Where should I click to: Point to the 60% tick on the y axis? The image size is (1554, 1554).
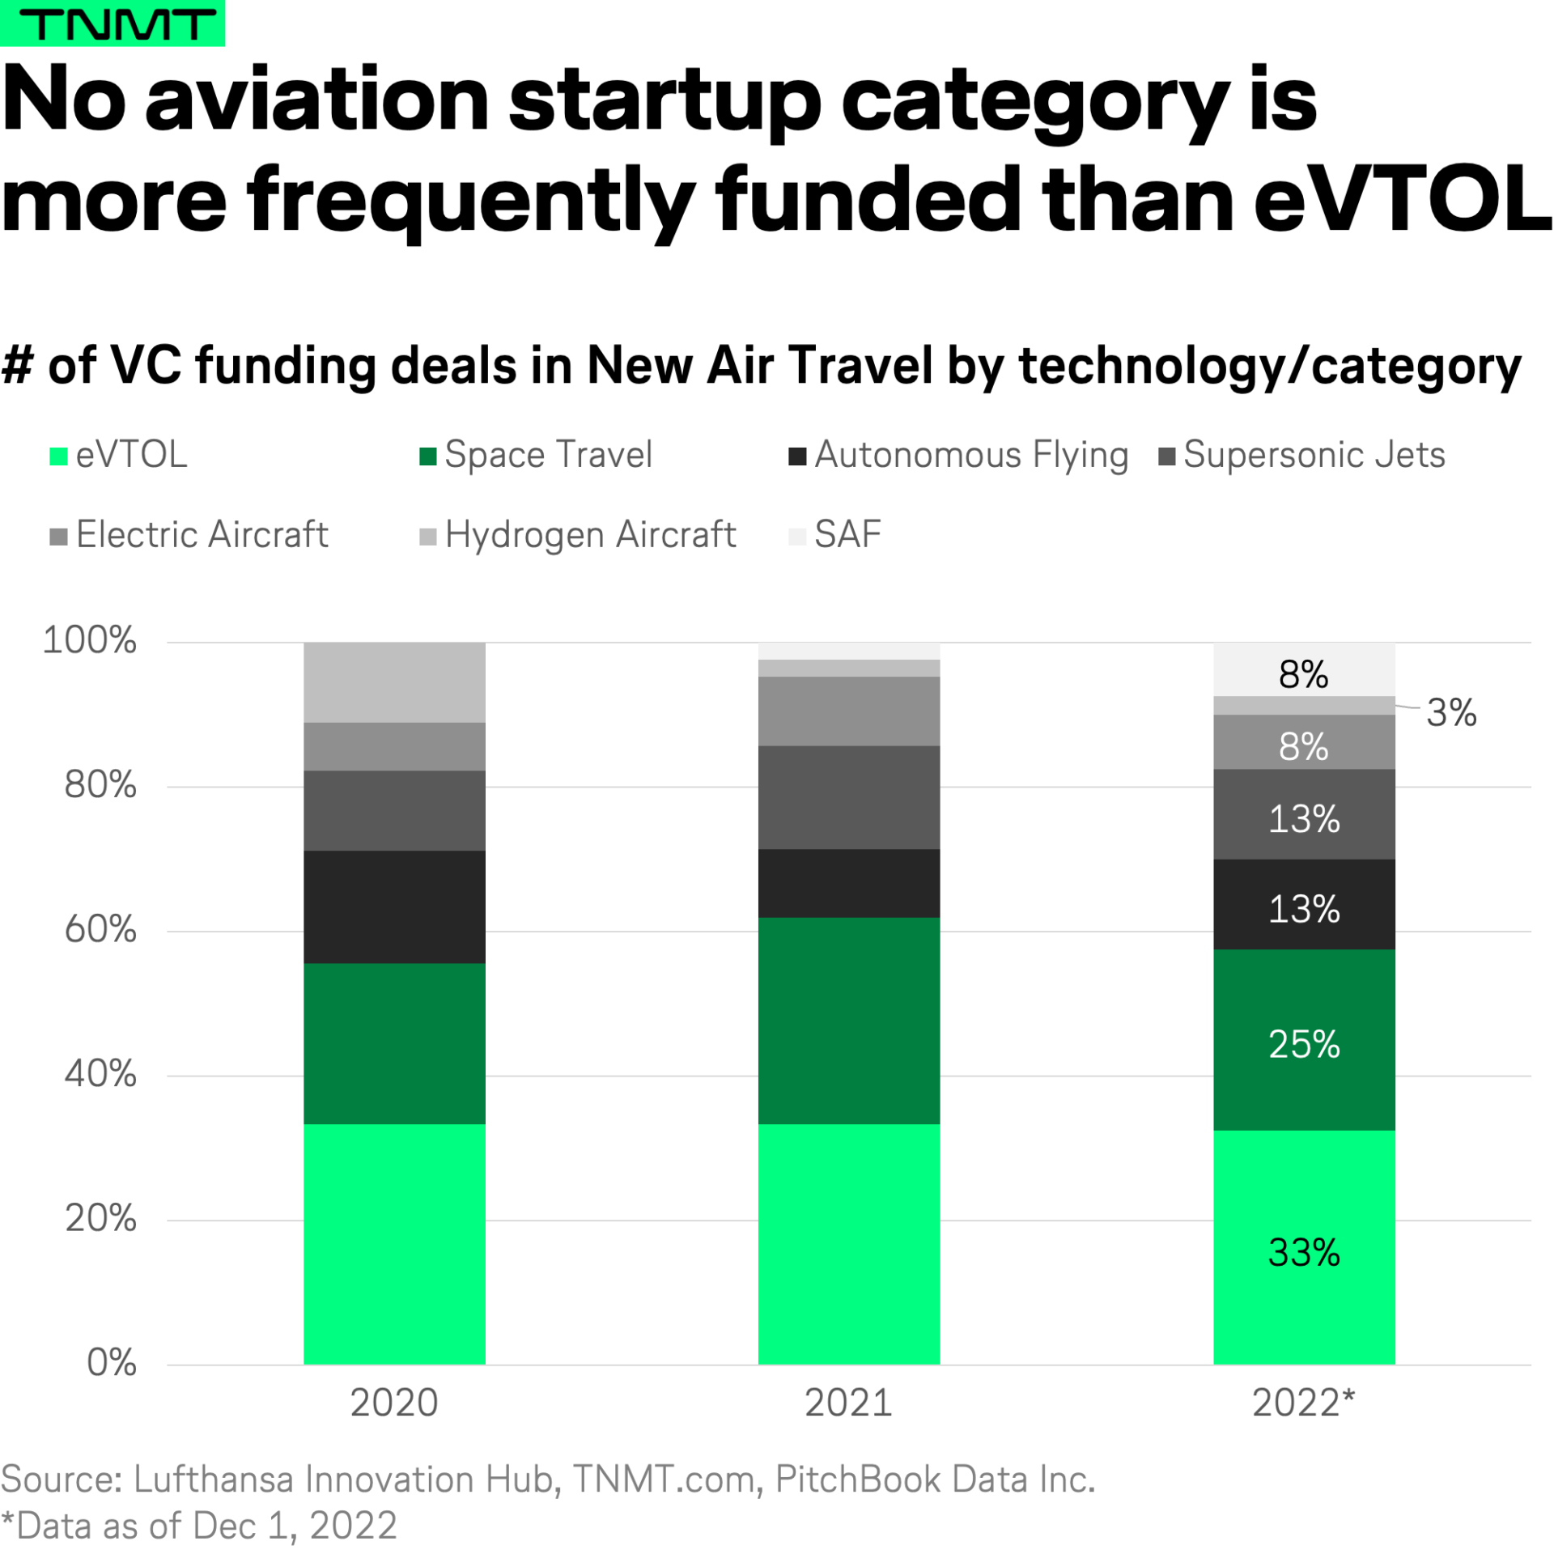(100, 929)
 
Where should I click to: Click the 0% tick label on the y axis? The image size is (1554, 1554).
(112, 1362)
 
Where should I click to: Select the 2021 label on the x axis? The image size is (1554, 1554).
(847, 1403)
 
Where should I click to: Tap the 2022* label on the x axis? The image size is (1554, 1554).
(1302, 1403)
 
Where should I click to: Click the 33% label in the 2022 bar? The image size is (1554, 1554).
(1303, 1252)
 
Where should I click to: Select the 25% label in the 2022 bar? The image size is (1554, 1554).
(1303, 1044)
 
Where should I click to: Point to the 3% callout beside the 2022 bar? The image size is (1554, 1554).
(1450, 712)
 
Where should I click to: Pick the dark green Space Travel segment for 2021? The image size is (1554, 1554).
(848, 1020)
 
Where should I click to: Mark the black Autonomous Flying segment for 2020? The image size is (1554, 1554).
(394, 906)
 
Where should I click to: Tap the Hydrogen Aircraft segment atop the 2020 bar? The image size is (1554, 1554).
(394, 681)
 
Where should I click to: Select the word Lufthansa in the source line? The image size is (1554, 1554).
(213, 1479)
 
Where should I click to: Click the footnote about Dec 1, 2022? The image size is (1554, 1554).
(199, 1526)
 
